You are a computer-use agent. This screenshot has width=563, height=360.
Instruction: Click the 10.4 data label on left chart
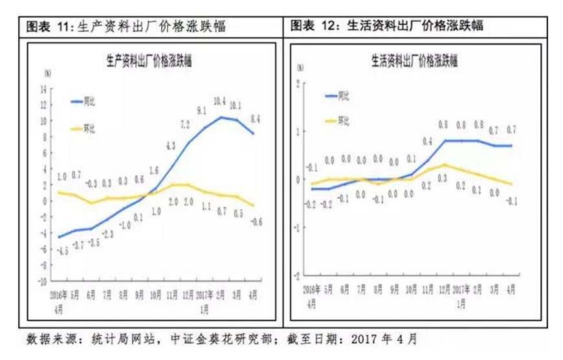pyautogui.click(x=219, y=101)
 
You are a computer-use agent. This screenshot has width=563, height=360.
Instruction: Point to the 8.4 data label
pyautogui.click(x=254, y=118)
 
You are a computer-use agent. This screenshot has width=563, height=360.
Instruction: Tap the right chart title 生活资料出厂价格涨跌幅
pyautogui.click(x=415, y=62)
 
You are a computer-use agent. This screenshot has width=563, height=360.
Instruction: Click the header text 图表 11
pyautogui.click(x=49, y=27)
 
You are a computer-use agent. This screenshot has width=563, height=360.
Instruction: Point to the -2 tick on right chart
pyautogui.click(x=298, y=275)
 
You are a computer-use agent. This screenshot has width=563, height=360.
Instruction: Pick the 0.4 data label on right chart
pyautogui.click(x=428, y=141)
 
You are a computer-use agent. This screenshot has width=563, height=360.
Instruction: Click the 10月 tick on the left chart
pyautogui.click(x=155, y=295)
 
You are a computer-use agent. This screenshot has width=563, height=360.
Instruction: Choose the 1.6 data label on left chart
pyautogui.click(x=155, y=170)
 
